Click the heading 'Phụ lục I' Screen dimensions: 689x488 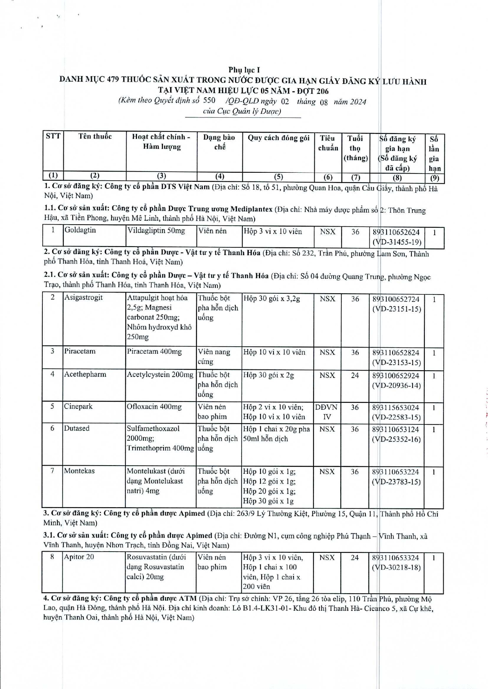pyautogui.click(x=244, y=70)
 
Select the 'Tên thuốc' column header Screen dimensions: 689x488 pyautogui.click(x=95, y=137)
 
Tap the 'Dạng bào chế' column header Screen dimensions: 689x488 pyautogui.click(x=219, y=142)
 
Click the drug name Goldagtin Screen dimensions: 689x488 pyautogui.click(x=80, y=230)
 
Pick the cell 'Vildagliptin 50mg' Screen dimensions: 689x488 pyautogui.click(x=156, y=231)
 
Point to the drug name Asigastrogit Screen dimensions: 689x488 pyautogui.click(x=83, y=298)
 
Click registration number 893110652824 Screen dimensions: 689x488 pyautogui.click(x=396, y=353)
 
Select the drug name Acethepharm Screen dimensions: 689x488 pyautogui.click(x=85, y=374)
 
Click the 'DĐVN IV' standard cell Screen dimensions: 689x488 pyautogui.click(x=327, y=412)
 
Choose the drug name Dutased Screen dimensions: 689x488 pyautogui.click(x=77, y=428)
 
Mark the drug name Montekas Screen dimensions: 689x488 pyautogui.click(x=79, y=471)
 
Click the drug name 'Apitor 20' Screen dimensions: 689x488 pyautogui.click(x=79, y=557)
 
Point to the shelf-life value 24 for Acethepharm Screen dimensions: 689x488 pyautogui.click(x=355, y=375)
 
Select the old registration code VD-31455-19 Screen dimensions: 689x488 pyautogui.click(x=397, y=242)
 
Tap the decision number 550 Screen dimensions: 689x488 pyautogui.click(x=209, y=100)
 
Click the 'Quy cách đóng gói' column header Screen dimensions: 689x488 pyautogui.click(x=278, y=138)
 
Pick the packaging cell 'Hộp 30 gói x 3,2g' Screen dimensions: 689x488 pyautogui.click(x=272, y=299)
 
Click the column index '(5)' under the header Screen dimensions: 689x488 pyautogui.click(x=278, y=177)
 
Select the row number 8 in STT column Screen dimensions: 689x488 pyautogui.click(x=52, y=557)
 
